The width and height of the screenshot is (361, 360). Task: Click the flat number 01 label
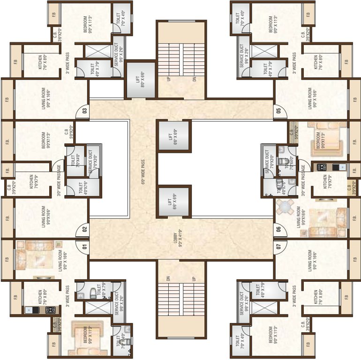coord(85,246)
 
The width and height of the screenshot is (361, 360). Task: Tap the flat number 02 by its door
coord(85,229)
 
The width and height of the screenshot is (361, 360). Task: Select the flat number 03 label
coord(85,111)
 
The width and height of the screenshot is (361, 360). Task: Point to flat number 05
coord(278,111)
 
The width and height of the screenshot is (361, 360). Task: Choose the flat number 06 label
coord(278,229)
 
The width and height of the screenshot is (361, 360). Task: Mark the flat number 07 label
coord(278,246)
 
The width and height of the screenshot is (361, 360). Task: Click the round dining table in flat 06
coord(285,206)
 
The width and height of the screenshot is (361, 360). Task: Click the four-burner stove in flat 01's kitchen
coord(51,309)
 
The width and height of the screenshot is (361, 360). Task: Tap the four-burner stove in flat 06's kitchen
coord(322,167)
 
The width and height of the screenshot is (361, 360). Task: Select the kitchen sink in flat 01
coord(29,309)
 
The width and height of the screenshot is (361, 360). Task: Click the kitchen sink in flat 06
coord(343,167)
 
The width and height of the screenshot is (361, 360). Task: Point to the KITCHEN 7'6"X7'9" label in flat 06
coord(327,184)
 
